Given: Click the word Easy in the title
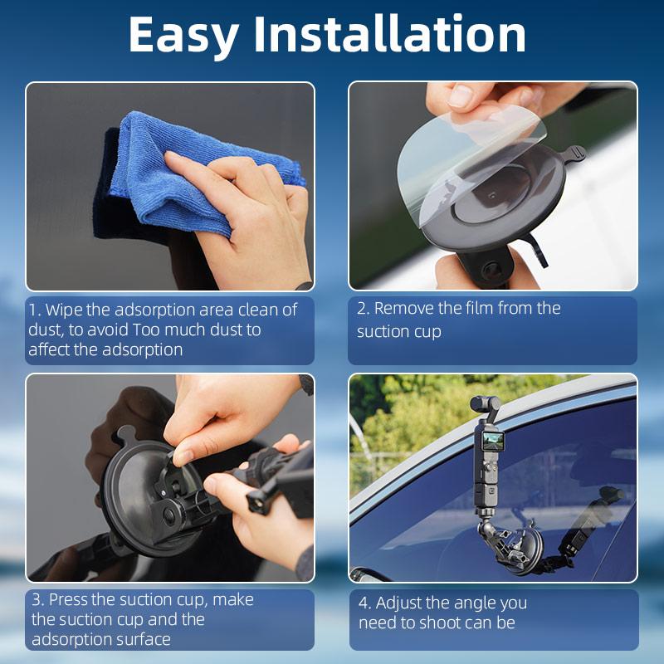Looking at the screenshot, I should pos(183,35).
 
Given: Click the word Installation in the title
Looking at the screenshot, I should pos(389,35).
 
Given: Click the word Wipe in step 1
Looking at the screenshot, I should pos(65,310).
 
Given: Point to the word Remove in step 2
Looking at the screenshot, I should pos(404,309).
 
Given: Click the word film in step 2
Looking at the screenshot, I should pos(484,309).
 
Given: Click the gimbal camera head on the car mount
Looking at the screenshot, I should pos(481,406).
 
